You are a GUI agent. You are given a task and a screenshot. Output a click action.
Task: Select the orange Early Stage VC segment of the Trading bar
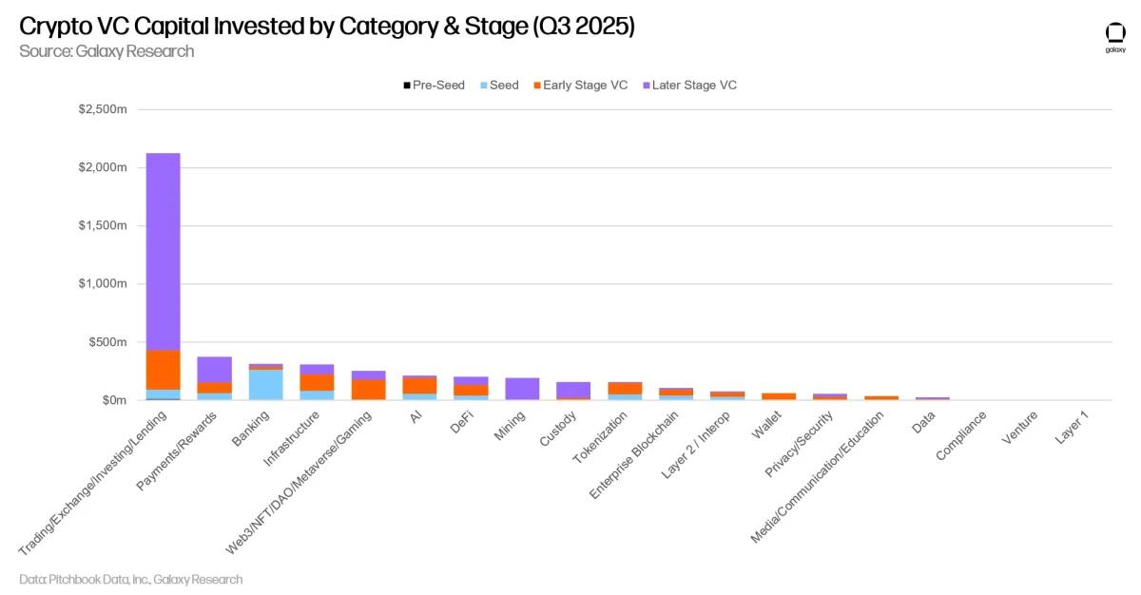163,370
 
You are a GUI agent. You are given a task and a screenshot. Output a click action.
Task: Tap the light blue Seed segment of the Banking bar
265,384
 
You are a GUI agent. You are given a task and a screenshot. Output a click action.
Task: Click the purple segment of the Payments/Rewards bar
214,370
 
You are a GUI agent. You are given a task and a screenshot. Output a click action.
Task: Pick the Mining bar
522,389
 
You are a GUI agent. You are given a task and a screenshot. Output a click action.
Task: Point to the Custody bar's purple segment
573,390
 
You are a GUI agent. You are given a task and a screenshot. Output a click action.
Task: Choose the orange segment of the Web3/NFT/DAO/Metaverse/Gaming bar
368,389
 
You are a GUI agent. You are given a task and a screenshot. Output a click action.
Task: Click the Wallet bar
779,396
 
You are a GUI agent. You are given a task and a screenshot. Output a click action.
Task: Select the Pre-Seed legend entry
434,86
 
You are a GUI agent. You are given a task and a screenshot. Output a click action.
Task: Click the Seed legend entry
497,86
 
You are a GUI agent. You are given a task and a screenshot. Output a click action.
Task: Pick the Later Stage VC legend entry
689,86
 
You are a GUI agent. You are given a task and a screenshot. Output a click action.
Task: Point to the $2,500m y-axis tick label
102,109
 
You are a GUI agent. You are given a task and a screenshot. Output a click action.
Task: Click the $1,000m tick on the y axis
102,284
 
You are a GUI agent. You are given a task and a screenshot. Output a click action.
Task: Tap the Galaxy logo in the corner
1114,38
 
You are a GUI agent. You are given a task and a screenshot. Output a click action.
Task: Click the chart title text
327,26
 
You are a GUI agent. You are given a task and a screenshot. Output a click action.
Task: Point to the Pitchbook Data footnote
130,579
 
